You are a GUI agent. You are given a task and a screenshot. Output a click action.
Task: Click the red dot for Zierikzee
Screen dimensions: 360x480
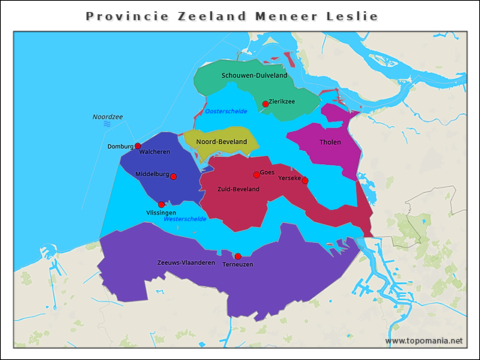pos(265,104)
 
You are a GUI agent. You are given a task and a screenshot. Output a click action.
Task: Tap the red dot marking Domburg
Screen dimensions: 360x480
pos(138,146)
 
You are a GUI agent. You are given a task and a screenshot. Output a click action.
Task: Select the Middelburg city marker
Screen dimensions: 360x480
pos(173,177)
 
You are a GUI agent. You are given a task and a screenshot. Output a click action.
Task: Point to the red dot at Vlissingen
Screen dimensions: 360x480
pos(161,205)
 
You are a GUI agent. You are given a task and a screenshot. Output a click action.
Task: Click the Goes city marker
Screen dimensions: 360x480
pos(256,175)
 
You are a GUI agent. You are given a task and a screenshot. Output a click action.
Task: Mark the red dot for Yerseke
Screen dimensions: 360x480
pos(304,181)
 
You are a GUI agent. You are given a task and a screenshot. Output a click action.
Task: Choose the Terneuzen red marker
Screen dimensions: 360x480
pos(238,256)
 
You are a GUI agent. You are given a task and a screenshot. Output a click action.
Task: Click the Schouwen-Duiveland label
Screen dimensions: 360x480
pos(254,76)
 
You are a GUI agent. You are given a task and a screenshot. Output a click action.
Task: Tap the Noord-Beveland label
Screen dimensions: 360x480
pos(221,142)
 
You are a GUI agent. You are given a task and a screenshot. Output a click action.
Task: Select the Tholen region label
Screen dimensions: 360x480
pos(330,142)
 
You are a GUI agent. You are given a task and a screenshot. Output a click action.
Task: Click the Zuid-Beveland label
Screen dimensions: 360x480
pos(238,189)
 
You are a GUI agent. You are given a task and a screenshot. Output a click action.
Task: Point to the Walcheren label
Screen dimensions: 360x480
pos(154,152)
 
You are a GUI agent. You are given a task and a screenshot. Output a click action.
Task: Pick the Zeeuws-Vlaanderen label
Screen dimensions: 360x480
pos(186,263)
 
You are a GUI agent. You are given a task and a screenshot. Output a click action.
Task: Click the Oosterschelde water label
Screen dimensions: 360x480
pos(226,111)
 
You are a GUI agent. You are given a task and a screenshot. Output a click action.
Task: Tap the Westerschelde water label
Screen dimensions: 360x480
pos(184,219)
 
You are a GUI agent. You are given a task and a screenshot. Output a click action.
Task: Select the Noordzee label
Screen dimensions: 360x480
pos(107,117)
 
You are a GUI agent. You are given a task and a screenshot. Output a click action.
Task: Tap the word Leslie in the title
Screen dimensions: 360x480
pos(352,16)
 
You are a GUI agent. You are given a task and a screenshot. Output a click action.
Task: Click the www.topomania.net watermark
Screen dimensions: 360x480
pos(424,341)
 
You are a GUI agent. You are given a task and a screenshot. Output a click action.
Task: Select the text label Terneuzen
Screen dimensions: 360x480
pos(238,265)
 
